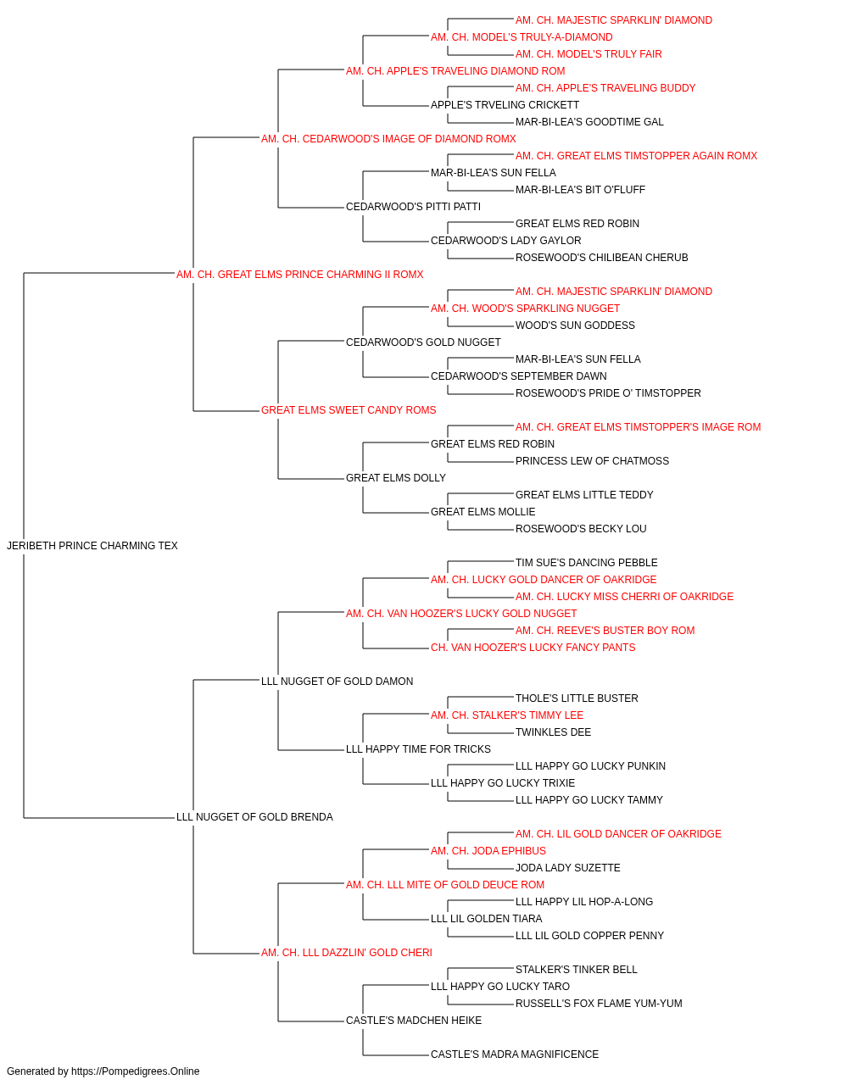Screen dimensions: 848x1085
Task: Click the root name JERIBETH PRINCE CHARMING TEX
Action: coord(92,546)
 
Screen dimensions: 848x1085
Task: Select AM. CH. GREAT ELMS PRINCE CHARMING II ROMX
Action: coord(299,275)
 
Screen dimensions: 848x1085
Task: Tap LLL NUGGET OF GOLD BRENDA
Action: coord(254,817)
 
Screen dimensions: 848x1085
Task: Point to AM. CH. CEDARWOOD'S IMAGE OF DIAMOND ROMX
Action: coord(388,139)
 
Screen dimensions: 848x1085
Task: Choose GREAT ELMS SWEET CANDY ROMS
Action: coord(349,410)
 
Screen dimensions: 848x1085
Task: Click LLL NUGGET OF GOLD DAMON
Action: coord(338,681)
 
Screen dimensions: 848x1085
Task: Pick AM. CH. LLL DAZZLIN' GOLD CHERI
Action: coord(347,953)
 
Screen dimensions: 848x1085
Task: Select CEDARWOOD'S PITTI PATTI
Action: coord(414,207)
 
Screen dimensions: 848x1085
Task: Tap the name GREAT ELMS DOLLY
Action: coord(396,478)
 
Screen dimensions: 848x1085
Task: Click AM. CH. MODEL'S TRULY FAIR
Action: coord(589,54)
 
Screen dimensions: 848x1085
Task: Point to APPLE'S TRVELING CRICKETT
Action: coord(505,105)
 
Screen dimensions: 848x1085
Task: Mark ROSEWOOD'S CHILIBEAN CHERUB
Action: coord(602,258)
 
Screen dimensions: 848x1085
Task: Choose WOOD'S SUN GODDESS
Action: coord(575,325)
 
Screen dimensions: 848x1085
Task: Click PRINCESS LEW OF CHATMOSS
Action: coord(592,461)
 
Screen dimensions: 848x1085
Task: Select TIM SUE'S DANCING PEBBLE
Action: coord(587,563)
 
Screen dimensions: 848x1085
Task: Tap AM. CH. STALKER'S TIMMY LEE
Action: coord(507,715)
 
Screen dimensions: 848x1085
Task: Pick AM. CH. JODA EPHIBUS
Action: coord(488,851)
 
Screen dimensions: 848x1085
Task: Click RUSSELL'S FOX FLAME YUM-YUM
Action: coord(599,1004)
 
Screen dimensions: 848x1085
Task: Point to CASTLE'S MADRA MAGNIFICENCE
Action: coord(515,1054)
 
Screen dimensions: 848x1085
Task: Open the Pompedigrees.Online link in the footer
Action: coord(136,1071)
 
